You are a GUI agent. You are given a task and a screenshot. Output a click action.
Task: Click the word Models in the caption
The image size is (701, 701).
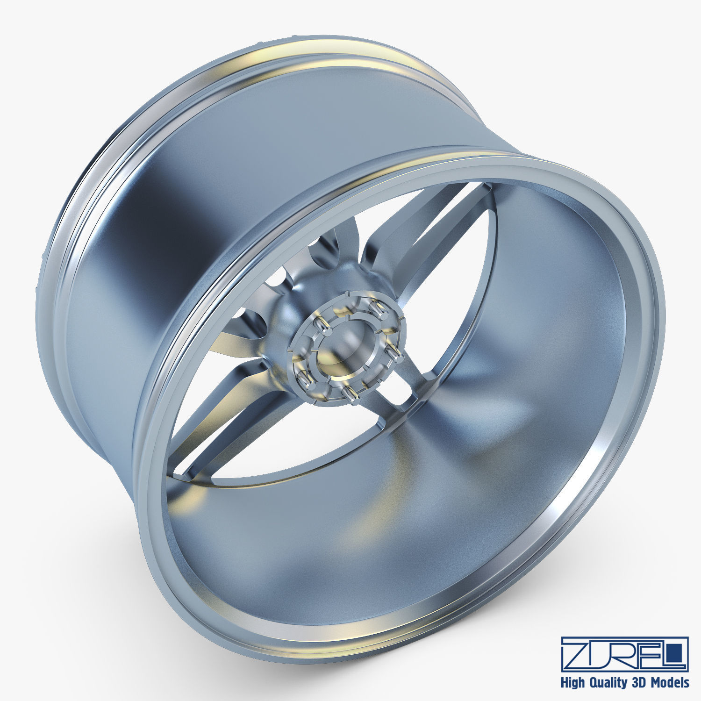click(669, 682)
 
